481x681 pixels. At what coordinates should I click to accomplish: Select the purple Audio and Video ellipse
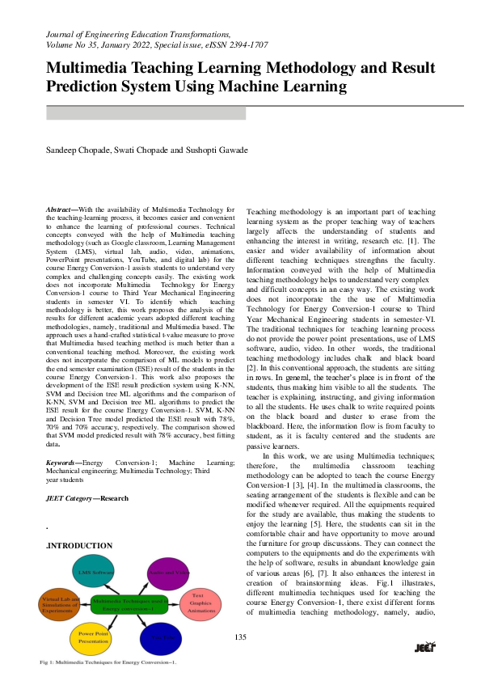coord(168,573)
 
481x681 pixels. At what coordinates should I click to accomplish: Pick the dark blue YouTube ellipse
coord(162,637)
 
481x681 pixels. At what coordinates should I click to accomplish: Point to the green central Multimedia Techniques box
coord(129,604)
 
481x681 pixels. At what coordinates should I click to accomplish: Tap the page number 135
coord(241,637)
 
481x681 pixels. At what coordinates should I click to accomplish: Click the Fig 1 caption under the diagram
coord(108,662)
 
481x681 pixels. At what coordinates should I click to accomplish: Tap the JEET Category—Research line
coord(86,498)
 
